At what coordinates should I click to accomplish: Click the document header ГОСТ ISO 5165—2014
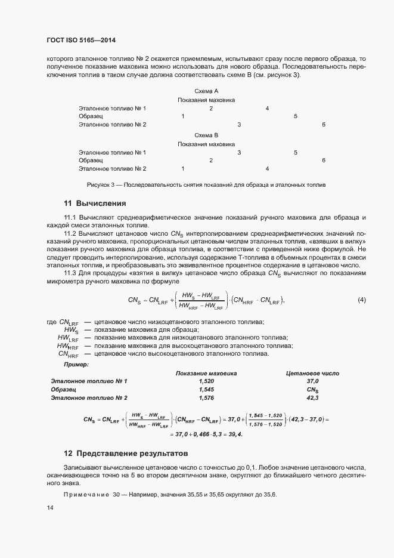click(x=81, y=41)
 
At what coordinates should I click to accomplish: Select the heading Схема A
click(x=206, y=90)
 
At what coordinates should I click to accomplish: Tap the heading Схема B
click(x=206, y=135)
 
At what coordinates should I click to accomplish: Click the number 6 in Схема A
click(x=324, y=125)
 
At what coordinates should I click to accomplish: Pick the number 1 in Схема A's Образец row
click(x=182, y=116)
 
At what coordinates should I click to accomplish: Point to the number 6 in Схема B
click(x=324, y=161)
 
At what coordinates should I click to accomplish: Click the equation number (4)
click(x=361, y=300)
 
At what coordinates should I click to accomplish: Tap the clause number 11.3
click(x=70, y=273)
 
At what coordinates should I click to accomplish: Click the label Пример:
click(x=76, y=364)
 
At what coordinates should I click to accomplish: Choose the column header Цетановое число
click(x=312, y=373)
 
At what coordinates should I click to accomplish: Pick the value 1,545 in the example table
click(x=206, y=389)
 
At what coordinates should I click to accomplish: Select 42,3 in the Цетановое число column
click(x=312, y=397)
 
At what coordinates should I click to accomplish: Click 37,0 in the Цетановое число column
click(x=312, y=381)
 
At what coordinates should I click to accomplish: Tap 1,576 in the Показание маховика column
click(x=206, y=397)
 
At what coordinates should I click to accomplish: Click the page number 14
click(x=49, y=507)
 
